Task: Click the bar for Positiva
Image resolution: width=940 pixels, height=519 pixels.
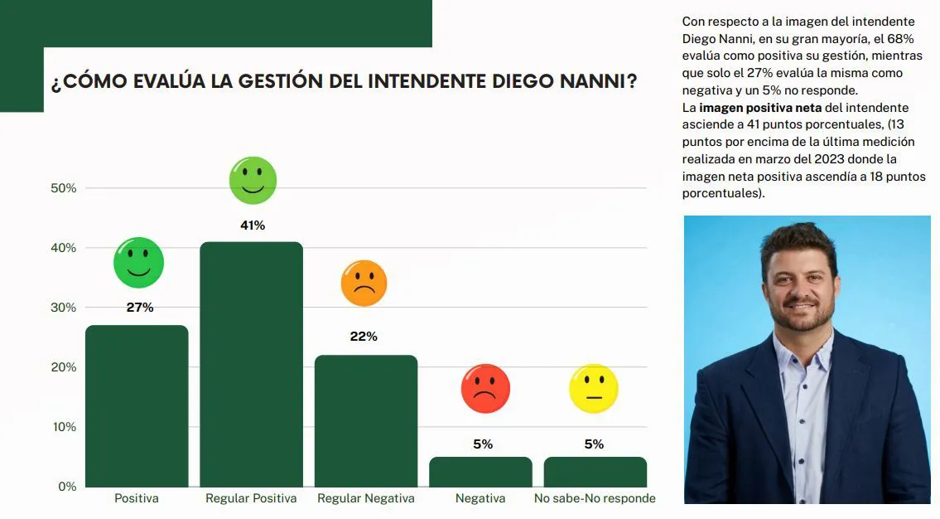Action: coord(137,405)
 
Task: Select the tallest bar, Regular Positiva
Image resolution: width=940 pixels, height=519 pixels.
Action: coord(252,364)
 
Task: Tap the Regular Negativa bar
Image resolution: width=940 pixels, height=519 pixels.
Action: coord(366,420)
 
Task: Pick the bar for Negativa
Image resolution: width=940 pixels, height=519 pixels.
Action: coord(480,472)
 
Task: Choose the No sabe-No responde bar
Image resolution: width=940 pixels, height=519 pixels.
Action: coord(595,472)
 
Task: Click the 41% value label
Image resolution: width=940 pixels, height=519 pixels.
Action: coord(253,226)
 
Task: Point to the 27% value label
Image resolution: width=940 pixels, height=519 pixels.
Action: coord(139,308)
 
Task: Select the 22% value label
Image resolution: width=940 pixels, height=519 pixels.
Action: coord(364,337)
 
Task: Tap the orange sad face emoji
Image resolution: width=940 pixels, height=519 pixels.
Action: coord(364,284)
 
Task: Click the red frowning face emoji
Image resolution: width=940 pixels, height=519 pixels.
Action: coord(484,389)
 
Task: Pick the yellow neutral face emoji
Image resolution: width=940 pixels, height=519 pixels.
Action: coord(594,389)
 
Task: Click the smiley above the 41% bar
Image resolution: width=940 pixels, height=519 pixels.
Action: coord(253,181)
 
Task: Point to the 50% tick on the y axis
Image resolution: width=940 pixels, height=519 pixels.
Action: coord(63,188)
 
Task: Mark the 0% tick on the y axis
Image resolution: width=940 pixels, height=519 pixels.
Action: coord(67,487)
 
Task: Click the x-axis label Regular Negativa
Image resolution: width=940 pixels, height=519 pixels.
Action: coord(366,498)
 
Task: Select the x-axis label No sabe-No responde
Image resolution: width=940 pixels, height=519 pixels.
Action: coord(595,498)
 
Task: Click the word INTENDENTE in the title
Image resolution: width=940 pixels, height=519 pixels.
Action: coord(425,83)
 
